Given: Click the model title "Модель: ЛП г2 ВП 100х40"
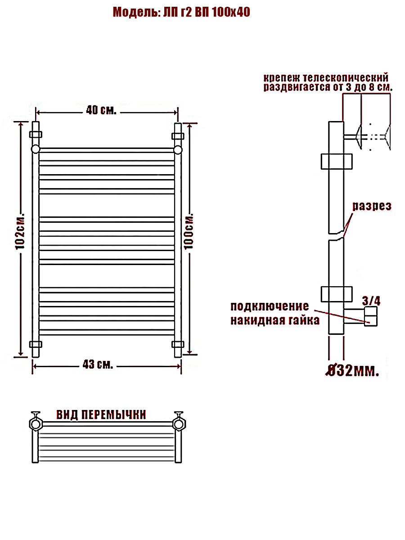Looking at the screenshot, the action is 181,12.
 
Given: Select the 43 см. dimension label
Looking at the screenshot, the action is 98,364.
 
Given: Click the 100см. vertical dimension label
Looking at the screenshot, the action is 189,231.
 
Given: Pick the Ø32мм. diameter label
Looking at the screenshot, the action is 352,371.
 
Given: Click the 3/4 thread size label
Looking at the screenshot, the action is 371,301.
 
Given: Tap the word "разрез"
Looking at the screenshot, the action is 372,207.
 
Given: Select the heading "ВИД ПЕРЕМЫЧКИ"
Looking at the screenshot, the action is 101,414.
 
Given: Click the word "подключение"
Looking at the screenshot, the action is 270,306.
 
